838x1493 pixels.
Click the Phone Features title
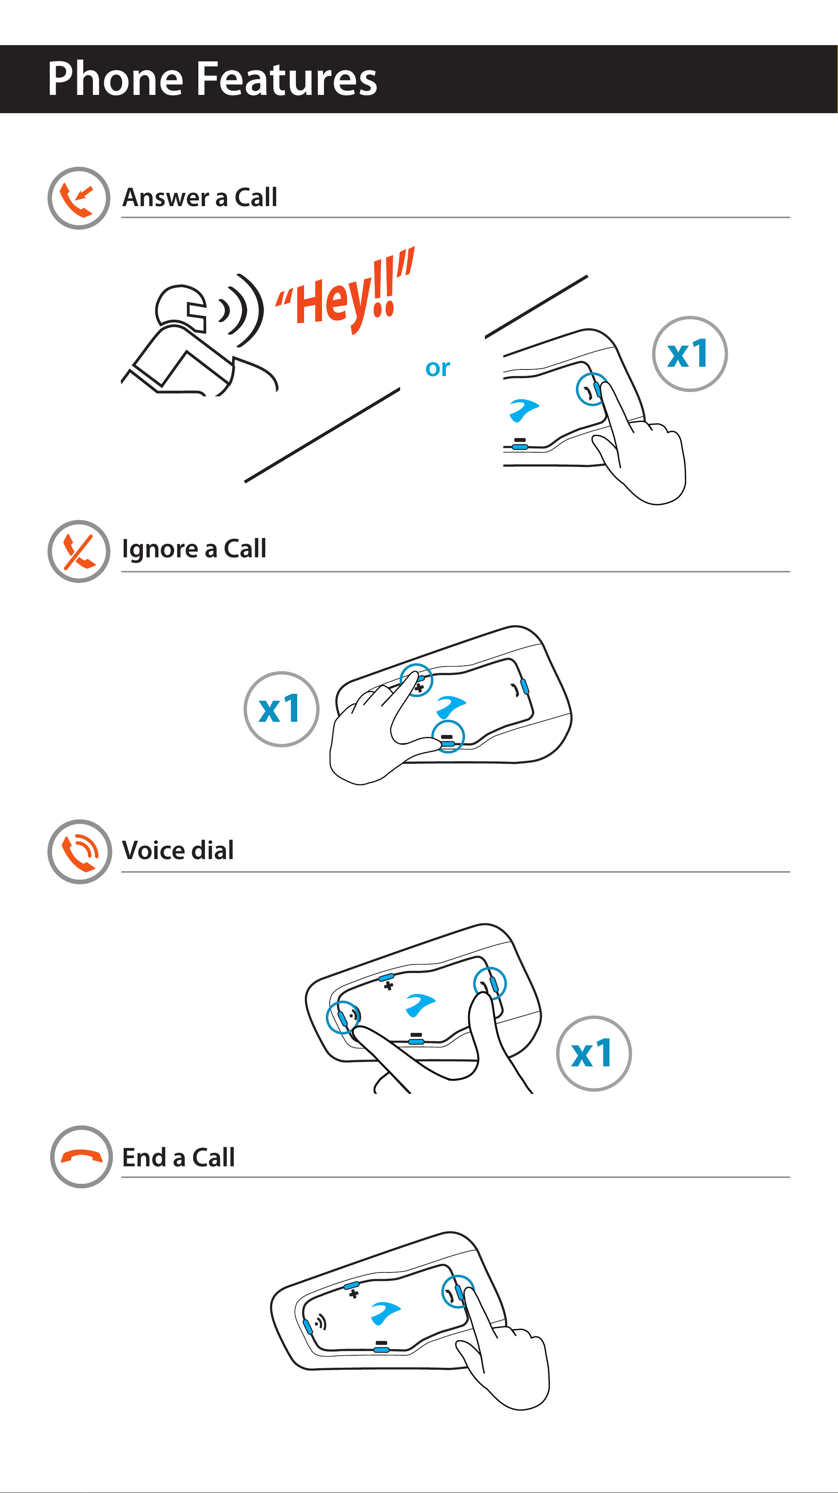[212, 79]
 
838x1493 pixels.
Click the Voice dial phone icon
[79, 851]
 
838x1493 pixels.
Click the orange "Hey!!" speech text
[345, 292]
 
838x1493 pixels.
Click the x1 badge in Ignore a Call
[281, 709]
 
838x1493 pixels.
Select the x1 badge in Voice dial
[593, 1054]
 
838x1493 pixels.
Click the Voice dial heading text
[178, 850]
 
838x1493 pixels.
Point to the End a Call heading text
[178, 1157]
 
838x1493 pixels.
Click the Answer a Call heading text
[200, 197]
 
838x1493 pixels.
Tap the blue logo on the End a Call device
[385, 1313]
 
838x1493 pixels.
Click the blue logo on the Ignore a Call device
[451, 707]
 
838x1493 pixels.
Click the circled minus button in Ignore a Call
[448, 737]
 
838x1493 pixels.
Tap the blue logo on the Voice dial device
[420, 1005]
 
